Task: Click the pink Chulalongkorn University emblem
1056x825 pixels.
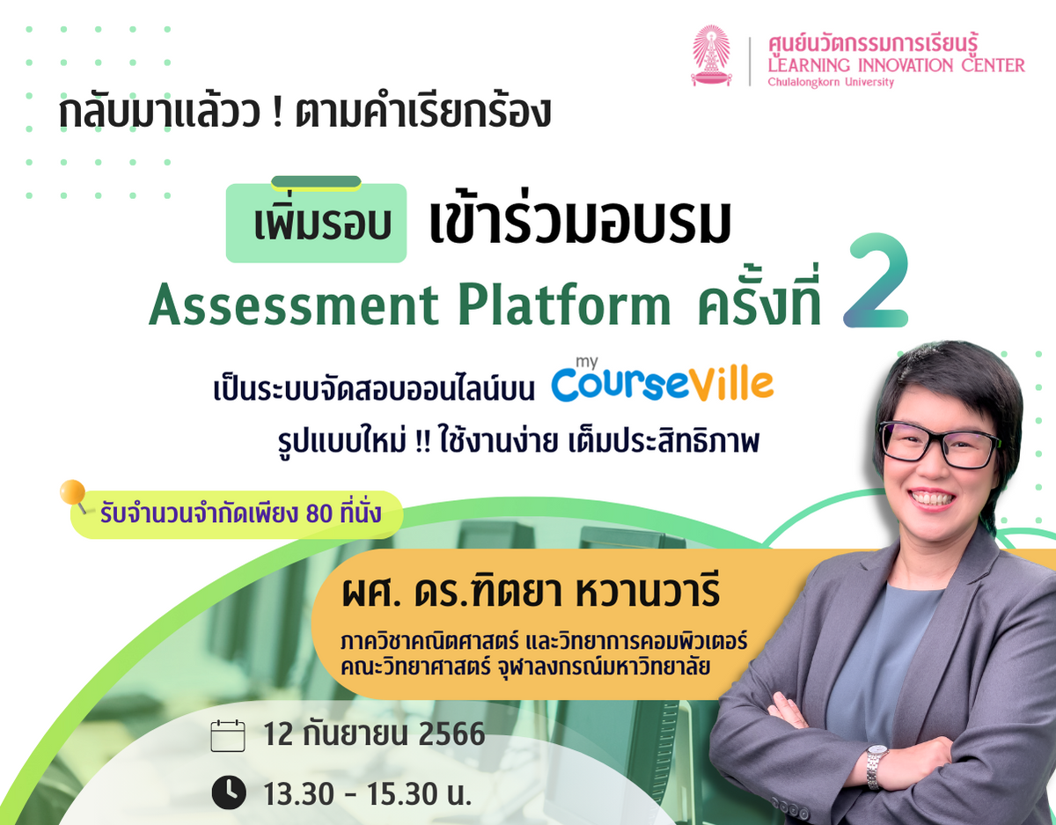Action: pos(711,55)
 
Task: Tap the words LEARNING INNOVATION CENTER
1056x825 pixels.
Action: pos(896,65)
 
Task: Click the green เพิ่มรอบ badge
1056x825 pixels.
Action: pos(317,224)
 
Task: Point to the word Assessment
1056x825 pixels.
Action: pos(293,306)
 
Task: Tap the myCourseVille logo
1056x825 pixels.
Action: pos(662,382)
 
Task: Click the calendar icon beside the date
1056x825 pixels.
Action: pos(228,735)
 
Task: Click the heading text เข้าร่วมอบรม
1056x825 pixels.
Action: pos(581,226)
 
